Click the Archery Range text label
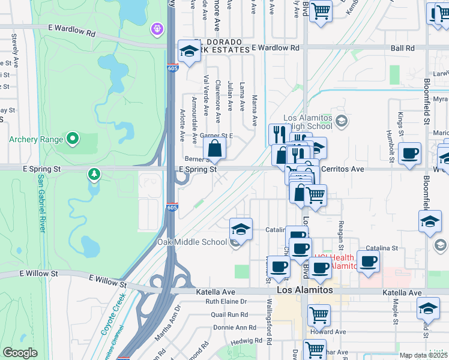tap(36, 140)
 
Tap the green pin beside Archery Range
tap(73, 139)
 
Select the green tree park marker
tap(94, 175)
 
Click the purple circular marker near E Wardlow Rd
tap(157, 28)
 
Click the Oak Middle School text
tap(191, 242)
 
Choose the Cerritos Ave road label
tap(343, 170)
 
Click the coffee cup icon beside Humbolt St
tap(409, 154)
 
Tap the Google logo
tap(20, 353)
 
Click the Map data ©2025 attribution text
tap(424, 355)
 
